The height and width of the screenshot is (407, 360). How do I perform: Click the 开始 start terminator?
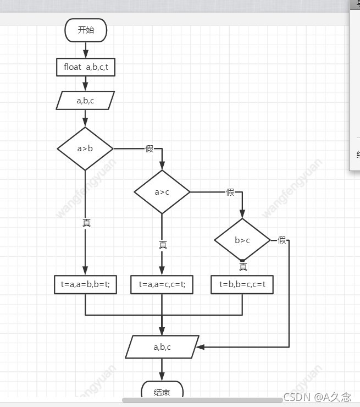click(x=86, y=30)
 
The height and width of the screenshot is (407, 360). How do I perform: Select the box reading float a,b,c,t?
click(x=86, y=68)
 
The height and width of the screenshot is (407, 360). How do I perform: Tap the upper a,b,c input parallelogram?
click(x=85, y=101)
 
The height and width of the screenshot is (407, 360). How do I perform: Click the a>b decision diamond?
click(x=85, y=148)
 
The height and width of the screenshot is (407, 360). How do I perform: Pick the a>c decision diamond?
click(x=162, y=192)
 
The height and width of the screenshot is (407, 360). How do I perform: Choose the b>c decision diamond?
click(x=242, y=240)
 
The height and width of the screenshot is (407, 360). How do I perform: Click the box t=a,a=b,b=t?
click(x=85, y=285)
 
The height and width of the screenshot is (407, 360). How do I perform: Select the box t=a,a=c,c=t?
click(x=162, y=285)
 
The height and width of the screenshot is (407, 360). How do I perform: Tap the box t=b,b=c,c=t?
click(x=242, y=285)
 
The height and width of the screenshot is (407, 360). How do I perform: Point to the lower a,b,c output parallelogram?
click(x=162, y=347)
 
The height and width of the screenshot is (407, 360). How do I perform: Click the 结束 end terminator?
click(x=162, y=392)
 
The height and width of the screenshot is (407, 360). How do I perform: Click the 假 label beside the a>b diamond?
click(x=149, y=149)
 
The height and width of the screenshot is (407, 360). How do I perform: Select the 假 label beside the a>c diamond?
click(x=230, y=192)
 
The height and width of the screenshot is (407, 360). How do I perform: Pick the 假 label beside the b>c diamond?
click(x=282, y=240)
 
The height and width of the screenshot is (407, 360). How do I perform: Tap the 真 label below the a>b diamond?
click(x=86, y=223)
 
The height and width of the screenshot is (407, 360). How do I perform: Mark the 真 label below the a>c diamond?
click(x=163, y=245)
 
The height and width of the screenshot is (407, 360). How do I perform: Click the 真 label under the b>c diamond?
click(x=243, y=267)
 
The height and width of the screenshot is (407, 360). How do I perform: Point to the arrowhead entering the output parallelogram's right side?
click(x=201, y=347)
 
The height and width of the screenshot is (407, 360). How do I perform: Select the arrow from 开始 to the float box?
click(x=86, y=50)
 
